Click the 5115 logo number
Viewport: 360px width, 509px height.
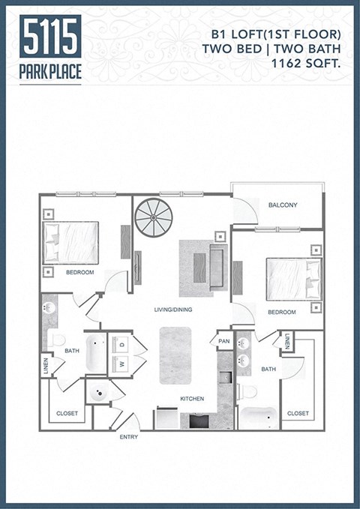point(51,36)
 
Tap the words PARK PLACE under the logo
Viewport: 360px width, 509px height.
point(51,71)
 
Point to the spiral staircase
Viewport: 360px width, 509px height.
point(153,217)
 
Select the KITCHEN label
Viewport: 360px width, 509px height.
point(192,399)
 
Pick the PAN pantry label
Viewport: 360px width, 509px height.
point(223,340)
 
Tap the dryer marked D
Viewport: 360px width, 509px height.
point(120,346)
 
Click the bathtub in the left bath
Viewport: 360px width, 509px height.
point(96,354)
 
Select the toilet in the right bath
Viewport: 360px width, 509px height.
point(247,391)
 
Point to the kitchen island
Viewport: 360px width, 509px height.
point(177,356)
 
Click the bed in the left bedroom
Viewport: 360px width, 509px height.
point(71,242)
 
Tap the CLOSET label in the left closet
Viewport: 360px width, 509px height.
point(68,413)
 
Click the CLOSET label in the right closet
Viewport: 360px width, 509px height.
point(298,413)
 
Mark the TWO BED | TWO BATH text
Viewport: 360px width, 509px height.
point(271,48)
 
